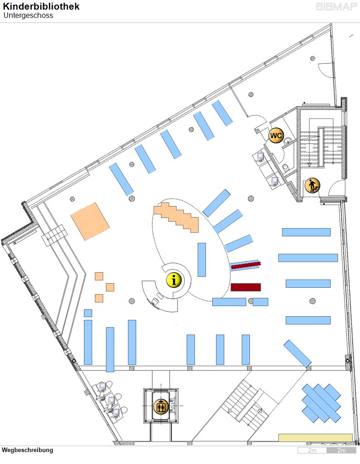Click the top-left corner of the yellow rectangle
coord(279,434)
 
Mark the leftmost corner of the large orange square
coord(71,216)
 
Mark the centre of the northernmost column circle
coord(313,58)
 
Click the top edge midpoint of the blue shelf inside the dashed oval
coord(202,243)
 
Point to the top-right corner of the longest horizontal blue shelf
coord(338,254)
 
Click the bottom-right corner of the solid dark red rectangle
coord(261,291)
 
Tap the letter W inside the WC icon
coord(273,135)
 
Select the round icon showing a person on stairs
coord(312,186)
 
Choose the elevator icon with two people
coord(161,406)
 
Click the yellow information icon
coord(174,280)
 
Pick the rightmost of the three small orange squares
coord(110,287)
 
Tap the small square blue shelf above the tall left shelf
coord(88,313)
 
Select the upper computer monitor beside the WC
coord(260,156)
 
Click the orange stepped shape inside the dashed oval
coord(176,218)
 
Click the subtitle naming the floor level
coord(28,16)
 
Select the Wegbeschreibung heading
coord(28,450)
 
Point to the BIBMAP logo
coord(336,7)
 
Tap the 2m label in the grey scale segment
coord(341,450)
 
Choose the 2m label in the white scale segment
coord(312,450)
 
